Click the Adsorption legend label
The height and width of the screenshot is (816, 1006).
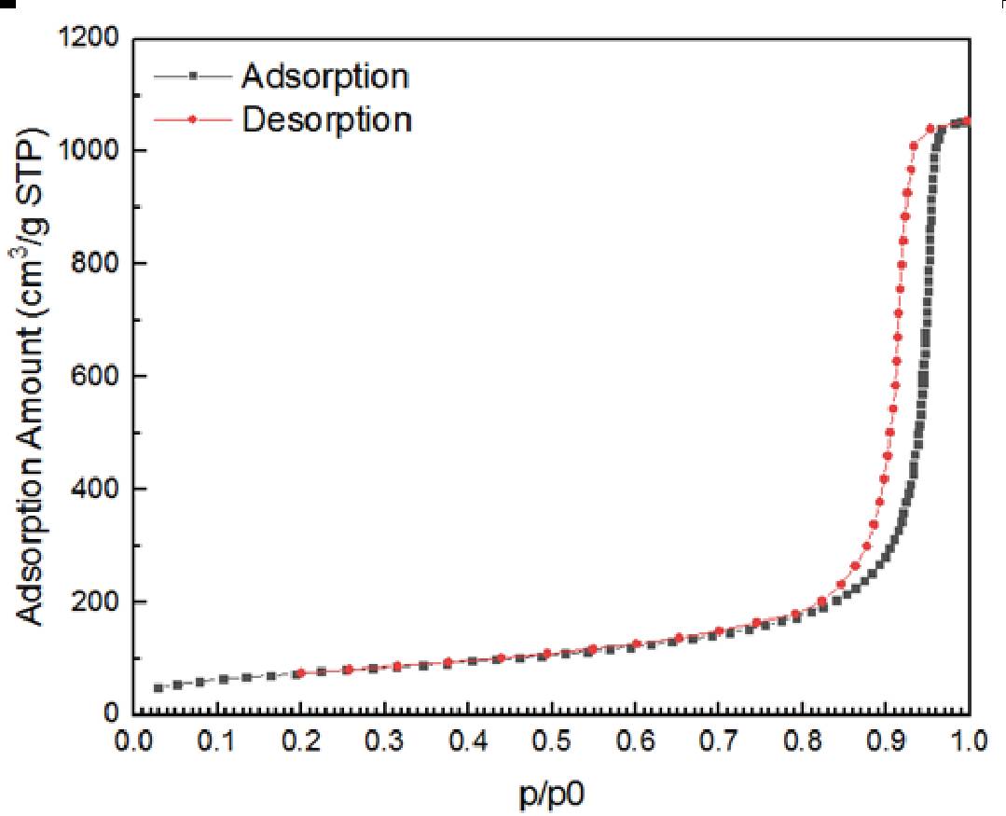[x=324, y=76]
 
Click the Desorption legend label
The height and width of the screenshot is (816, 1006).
[x=325, y=119]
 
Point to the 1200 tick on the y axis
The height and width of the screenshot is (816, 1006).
[x=90, y=39]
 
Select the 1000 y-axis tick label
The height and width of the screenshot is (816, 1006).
[x=90, y=151]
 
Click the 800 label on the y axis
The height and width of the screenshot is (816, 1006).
[x=96, y=264]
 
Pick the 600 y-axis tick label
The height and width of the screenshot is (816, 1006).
[x=96, y=377]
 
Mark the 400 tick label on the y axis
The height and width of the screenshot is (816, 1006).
[x=96, y=490]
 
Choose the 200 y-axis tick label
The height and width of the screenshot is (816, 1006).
[x=96, y=602]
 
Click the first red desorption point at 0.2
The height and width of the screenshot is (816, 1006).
[x=300, y=672]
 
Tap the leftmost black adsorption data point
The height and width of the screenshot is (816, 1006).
[x=158, y=688]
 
